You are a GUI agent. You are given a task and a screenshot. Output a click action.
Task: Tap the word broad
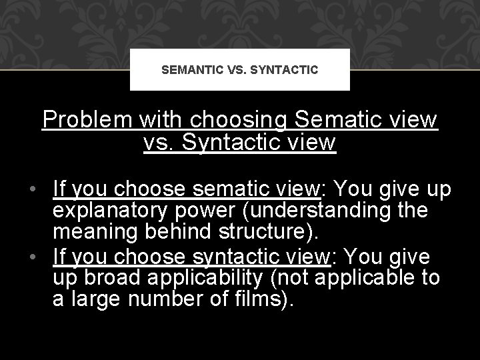click(x=106, y=277)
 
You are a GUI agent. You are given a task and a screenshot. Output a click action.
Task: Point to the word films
click(x=258, y=298)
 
